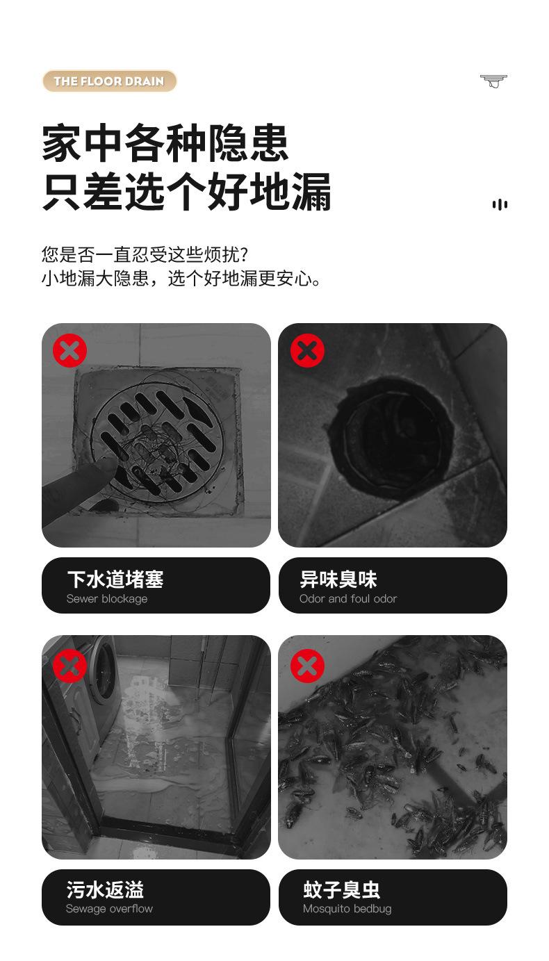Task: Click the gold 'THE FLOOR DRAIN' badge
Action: [109, 81]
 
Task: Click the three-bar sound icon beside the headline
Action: [500, 204]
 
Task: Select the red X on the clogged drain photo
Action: [70, 350]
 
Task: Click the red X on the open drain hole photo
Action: [307, 350]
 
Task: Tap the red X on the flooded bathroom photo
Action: [70, 666]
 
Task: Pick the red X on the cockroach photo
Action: [307, 666]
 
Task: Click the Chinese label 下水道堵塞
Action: [115, 580]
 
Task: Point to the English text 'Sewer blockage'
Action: [107, 598]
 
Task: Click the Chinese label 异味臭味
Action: [338, 580]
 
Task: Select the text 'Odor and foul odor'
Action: [348, 598]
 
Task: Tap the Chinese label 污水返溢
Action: [105, 890]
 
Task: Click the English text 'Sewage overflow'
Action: [109, 909]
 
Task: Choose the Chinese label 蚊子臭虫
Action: [342, 890]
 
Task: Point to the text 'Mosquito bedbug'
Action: [347, 909]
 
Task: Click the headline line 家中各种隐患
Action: [165, 143]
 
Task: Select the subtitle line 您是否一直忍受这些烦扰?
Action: [145, 255]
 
